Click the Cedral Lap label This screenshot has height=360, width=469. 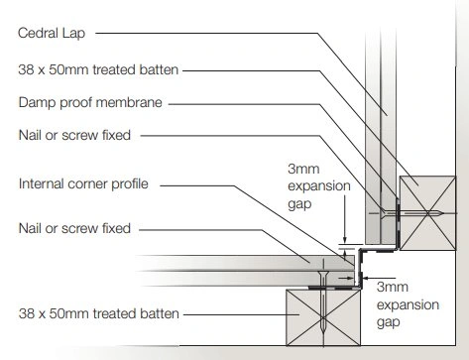coord(52,33)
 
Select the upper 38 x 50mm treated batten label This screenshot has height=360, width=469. coord(98,69)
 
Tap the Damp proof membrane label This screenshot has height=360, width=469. coord(90,103)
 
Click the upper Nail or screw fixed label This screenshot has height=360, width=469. coord(74,135)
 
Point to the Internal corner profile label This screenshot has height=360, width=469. coord(83,184)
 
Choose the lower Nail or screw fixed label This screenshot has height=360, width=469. coord(74,228)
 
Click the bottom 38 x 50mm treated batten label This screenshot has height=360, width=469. coord(99,313)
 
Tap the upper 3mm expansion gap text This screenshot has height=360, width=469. coord(319,186)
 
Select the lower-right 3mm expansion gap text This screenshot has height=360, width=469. coord(408,304)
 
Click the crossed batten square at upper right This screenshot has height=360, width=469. coord(427,213)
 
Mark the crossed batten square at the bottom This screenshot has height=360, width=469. coord(323,317)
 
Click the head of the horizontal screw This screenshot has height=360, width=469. coord(384,213)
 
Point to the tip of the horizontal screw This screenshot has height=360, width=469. coord(442,213)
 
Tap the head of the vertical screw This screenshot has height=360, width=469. coord(323,274)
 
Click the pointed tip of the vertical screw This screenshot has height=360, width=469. coord(323,332)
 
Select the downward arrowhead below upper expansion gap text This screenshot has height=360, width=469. coord(345,241)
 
